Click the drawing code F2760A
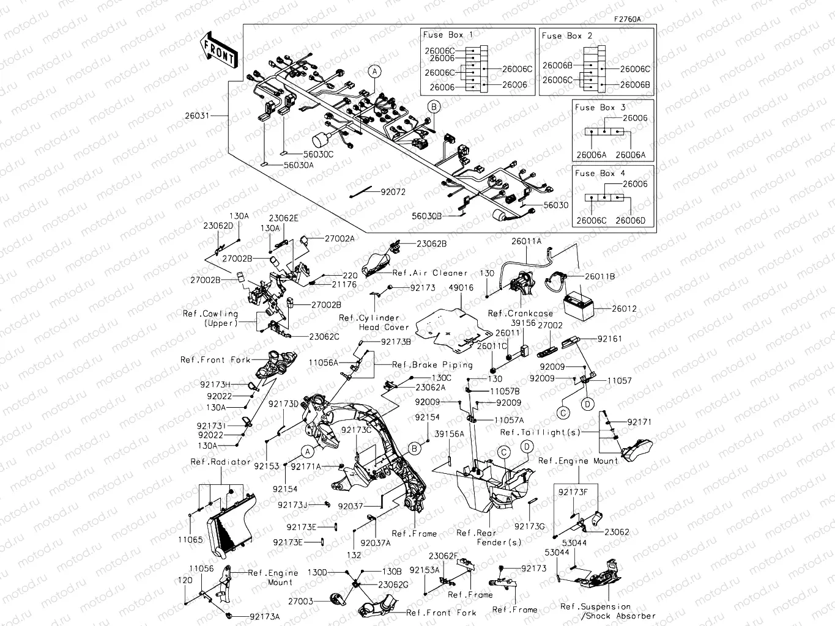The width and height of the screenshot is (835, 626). coord(628,19)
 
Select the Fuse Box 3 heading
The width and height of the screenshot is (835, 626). coord(599,108)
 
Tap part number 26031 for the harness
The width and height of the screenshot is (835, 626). coord(197,115)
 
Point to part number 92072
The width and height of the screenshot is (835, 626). coord(393,192)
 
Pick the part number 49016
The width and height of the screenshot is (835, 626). coord(461,288)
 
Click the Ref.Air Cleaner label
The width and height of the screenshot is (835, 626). coord(429,273)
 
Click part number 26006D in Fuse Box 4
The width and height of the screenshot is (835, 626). coord(630,221)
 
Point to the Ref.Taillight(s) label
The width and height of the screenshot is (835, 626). coord(540,433)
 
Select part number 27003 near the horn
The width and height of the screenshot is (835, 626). coord(300,602)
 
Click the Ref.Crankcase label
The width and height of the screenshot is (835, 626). coord(520,314)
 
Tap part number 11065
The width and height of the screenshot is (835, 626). coord(190,540)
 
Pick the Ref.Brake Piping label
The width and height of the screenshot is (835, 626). coord(432,365)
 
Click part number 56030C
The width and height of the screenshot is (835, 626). coord(318,155)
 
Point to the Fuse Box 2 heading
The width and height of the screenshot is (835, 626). coord(566,36)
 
